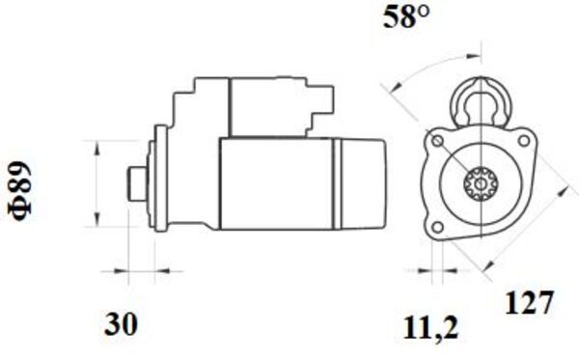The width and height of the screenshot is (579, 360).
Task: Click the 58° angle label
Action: pos(406,17)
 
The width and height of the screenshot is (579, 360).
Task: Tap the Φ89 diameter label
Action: pos(20,190)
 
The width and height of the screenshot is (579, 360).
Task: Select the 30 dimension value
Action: pos(121,324)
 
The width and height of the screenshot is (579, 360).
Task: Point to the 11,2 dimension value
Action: pos(430,328)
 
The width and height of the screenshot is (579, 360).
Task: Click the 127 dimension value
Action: pos(529,303)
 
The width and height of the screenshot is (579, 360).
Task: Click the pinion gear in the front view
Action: pos(481,183)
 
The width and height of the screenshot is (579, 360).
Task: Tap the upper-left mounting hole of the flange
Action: pos(438,141)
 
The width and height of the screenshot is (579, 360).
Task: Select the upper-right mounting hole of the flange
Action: pos(524,141)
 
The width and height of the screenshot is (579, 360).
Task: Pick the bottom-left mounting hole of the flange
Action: pos(438,227)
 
